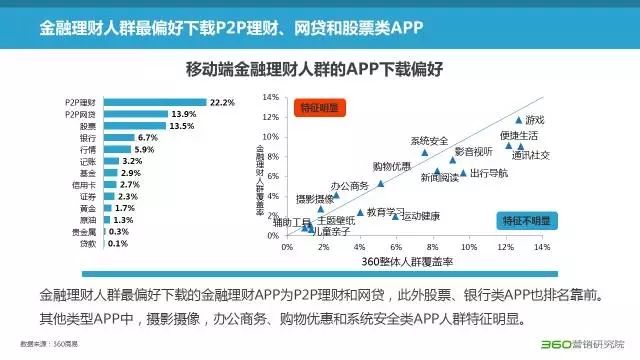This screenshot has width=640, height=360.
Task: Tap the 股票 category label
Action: point(88,126)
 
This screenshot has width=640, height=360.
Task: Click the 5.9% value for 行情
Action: point(144,149)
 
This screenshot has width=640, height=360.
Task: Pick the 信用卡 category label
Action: point(85,184)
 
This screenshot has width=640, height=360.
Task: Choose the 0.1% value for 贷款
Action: point(118,243)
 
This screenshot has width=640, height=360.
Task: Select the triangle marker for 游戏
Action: point(519,120)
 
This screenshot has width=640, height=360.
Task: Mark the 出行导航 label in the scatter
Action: point(488,173)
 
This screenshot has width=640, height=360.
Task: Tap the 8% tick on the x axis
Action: point(433,246)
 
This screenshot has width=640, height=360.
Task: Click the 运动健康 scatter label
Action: point(420,216)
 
